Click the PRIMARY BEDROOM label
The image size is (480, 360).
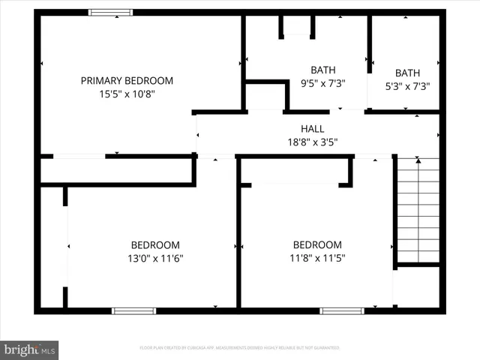(x=127, y=81)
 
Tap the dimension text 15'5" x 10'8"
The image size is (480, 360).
(x=127, y=94)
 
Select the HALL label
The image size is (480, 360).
(x=312, y=129)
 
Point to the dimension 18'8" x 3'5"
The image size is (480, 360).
(x=312, y=142)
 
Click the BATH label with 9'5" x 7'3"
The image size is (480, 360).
(x=323, y=70)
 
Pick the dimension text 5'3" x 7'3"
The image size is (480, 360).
(x=407, y=86)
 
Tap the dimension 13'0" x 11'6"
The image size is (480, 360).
(x=155, y=259)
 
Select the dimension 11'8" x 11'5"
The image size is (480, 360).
(x=317, y=259)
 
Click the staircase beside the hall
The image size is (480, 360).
(x=418, y=209)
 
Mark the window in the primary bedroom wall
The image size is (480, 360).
(x=111, y=13)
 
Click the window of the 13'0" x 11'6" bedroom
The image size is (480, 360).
(x=133, y=310)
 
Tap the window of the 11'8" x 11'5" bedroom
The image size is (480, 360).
(x=342, y=310)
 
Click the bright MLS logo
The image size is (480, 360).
(x=30, y=349)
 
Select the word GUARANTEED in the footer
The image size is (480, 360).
(x=324, y=348)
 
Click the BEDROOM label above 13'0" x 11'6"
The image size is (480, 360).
(x=155, y=245)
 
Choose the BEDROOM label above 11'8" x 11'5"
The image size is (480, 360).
(x=317, y=245)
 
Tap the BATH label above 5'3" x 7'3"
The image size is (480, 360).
(x=407, y=73)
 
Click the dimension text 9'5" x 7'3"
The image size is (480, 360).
(x=323, y=84)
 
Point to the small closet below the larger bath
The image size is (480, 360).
(x=266, y=97)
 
